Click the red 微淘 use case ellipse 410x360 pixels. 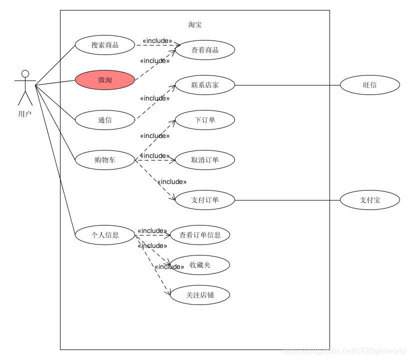point(105,80)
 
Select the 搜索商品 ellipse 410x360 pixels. point(105,45)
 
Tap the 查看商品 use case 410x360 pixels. point(205,50)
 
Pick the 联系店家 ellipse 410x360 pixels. point(205,85)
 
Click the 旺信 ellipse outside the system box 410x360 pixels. point(370,85)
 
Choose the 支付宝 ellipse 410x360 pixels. point(370,200)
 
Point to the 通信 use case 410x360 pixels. point(105,120)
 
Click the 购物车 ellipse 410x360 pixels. point(105,160)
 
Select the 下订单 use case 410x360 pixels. point(205,120)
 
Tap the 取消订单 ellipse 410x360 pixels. point(205,160)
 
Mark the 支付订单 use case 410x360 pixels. point(205,200)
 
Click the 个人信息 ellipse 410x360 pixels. point(105,234)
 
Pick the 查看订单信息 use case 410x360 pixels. point(200,234)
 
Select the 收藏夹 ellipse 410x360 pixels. point(200,265)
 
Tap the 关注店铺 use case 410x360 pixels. point(200,295)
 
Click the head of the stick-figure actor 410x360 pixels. point(25,74)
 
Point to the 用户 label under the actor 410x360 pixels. point(25,114)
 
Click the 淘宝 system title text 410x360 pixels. point(195,24)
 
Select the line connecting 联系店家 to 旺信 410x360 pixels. point(287,85)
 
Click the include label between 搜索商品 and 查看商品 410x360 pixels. point(157,41)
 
